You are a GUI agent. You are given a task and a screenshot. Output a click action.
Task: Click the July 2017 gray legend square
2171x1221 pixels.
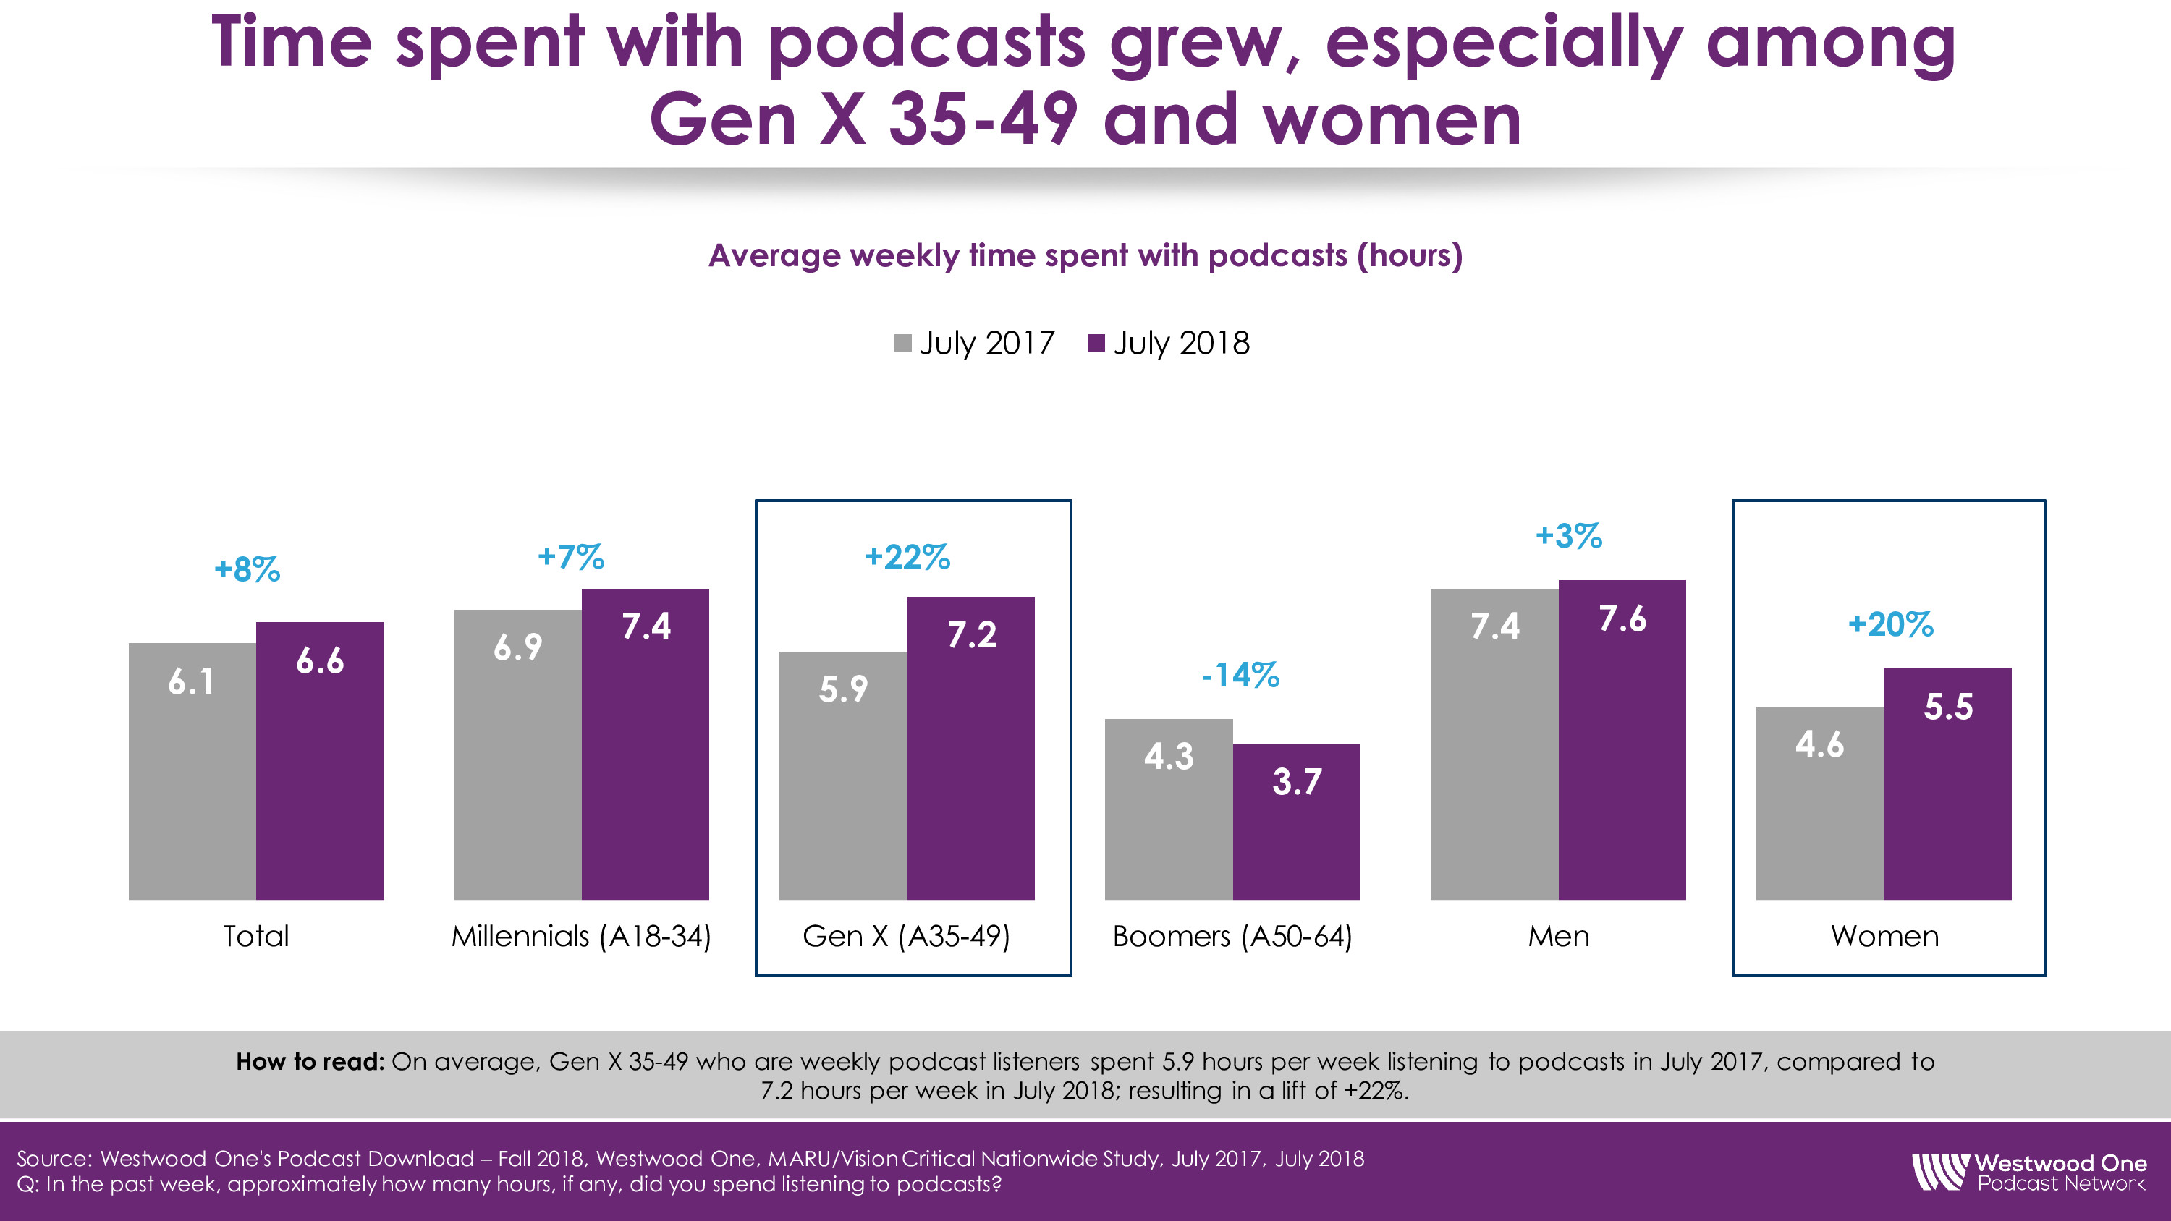902,344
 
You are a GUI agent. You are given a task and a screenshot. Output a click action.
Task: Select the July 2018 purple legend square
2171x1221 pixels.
1096,344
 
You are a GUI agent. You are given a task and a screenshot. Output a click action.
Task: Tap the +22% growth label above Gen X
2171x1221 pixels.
907,558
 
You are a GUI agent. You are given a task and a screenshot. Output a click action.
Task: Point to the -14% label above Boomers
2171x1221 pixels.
1240,675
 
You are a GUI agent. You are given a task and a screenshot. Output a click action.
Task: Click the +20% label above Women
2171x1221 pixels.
1890,624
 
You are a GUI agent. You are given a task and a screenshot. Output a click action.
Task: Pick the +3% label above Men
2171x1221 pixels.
1568,536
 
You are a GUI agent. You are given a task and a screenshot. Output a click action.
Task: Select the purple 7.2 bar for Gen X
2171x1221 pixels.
971,758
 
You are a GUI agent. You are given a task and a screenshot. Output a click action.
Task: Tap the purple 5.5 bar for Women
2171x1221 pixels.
1947,792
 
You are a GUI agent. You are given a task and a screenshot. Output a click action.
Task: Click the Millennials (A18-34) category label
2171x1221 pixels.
582,936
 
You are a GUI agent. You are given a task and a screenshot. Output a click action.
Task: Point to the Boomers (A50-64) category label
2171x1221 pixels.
1232,936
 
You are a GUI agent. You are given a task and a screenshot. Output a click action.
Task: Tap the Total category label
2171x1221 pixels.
256,936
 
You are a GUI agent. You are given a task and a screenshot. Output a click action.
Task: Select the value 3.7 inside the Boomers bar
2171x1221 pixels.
1296,782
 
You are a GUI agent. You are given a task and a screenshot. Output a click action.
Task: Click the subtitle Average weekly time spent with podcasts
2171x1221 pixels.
1085,255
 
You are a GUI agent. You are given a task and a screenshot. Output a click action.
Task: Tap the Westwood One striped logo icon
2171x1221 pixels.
1939,1172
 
